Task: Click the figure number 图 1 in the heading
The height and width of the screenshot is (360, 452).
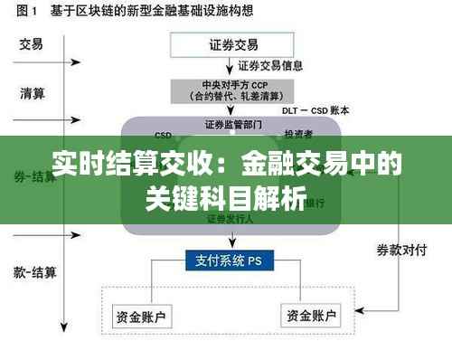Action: pos(22,12)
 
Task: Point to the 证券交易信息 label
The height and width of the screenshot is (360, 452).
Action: pos(271,66)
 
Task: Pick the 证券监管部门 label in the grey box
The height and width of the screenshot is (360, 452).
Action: pos(233,124)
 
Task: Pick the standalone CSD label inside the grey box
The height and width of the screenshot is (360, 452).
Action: pos(164,133)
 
